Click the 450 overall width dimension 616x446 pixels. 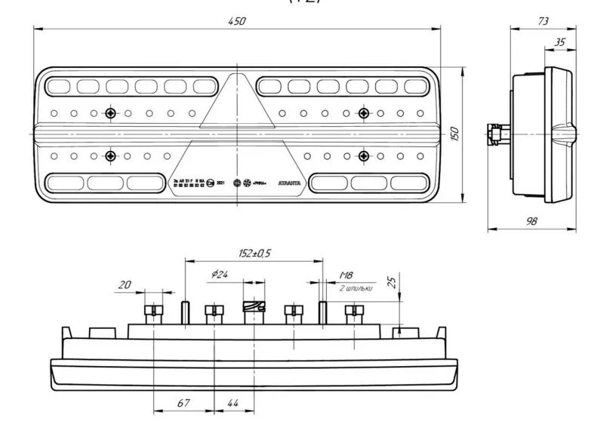point(237,21)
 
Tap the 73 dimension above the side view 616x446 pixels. point(543,21)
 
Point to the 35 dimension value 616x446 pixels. point(559,42)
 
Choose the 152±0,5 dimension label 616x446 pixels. point(254,254)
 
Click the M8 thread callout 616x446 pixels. point(346,276)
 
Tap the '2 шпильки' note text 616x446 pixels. point(355,288)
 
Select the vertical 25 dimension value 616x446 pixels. point(391,282)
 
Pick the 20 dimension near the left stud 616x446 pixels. point(125,285)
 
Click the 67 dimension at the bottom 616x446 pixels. point(183,404)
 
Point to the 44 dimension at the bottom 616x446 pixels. point(233,404)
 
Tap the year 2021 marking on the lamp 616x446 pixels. point(220,183)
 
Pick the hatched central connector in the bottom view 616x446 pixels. point(254,306)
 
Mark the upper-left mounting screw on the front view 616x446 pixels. point(111,113)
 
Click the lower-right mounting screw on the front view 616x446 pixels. point(364,156)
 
